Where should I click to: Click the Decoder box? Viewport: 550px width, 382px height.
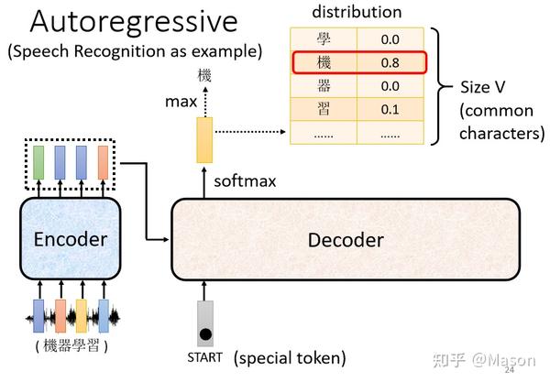pos(346,239)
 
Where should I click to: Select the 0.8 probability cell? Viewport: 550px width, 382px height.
pos(390,63)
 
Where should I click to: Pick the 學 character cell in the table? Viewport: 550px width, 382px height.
pos(323,39)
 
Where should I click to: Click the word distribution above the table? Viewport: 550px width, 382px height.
pos(357,12)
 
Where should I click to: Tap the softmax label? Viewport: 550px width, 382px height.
pos(245,180)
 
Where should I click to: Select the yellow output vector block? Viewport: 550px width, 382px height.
pos(203,139)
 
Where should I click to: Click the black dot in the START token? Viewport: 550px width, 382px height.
pos(205,333)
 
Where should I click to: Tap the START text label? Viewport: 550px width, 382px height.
pos(204,357)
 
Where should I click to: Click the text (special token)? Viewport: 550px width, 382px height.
pos(290,356)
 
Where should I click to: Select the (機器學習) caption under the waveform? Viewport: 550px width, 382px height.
pos(72,345)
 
